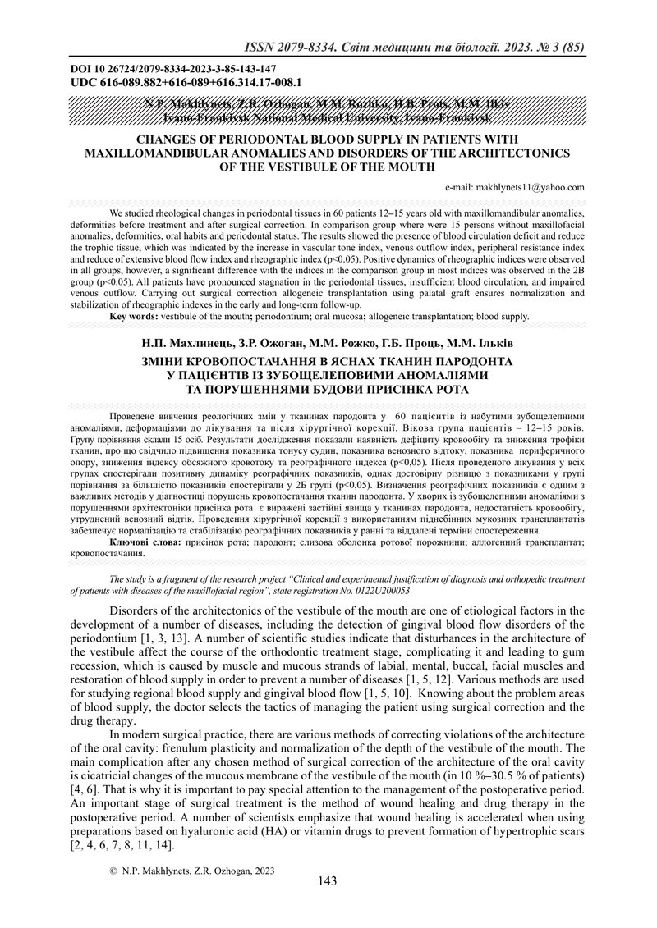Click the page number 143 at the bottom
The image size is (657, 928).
click(328, 881)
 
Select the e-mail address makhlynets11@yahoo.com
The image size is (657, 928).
click(531, 187)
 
